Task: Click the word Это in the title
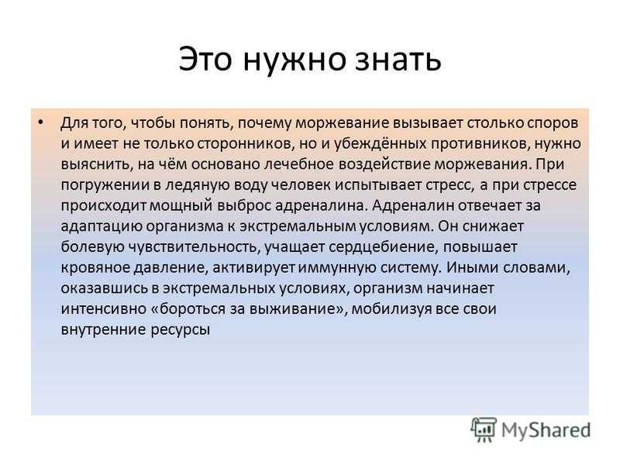click(x=205, y=60)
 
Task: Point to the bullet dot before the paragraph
click(x=40, y=122)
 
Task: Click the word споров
click(x=553, y=124)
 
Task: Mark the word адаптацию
click(x=102, y=227)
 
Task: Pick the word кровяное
click(x=95, y=268)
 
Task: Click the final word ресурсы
click(x=181, y=330)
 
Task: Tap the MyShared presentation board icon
click(x=483, y=429)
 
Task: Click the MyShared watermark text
click(x=546, y=430)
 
